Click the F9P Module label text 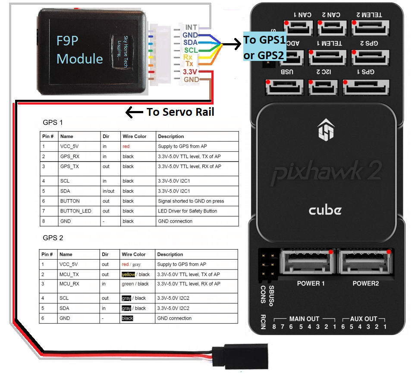80,50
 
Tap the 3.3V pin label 190,72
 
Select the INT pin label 191,27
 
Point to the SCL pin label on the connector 191,50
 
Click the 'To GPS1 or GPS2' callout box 264,47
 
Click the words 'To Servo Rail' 180,112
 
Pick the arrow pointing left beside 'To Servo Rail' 134,112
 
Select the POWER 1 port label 311,283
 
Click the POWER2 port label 365,283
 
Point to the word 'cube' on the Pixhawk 325,210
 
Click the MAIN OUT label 304,319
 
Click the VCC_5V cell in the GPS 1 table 70,146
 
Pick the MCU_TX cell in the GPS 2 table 69,274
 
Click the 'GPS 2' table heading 53,238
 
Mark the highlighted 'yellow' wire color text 128,274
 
